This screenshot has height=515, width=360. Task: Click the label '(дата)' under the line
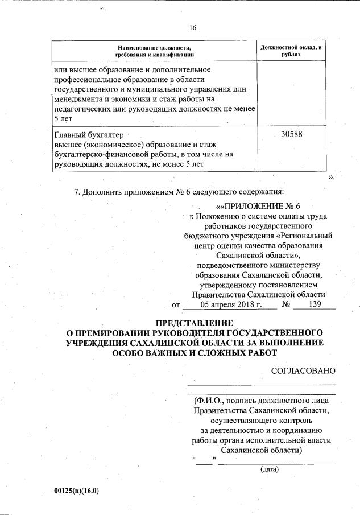point(268,469)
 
